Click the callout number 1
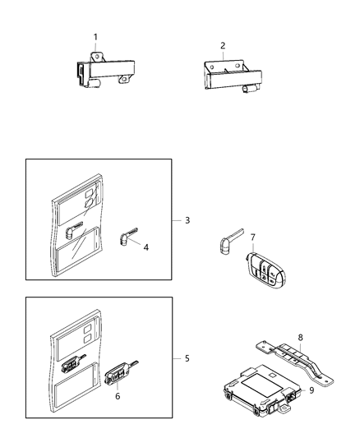pyautogui.click(x=95, y=36)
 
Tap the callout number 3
pyautogui.click(x=187, y=220)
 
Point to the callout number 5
pyautogui.click(x=187, y=358)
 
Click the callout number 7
pyautogui.click(x=253, y=237)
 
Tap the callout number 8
pyautogui.click(x=301, y=336)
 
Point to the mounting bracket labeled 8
pyautogui.click(x=296, y=354)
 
